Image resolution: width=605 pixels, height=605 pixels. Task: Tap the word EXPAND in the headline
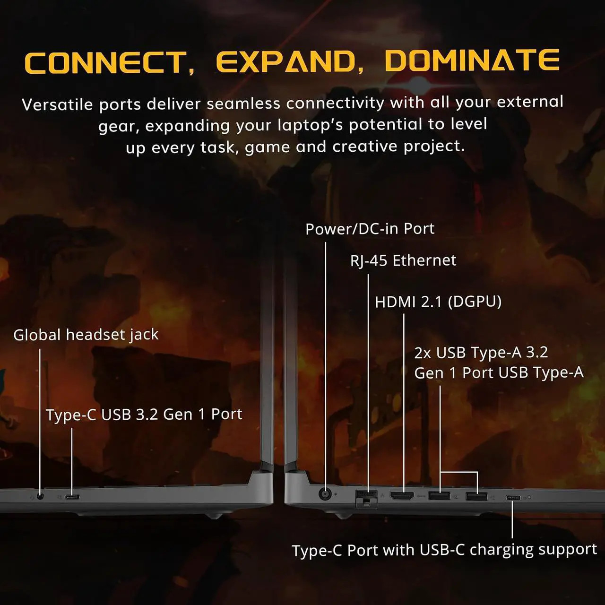click(x=286, y=61)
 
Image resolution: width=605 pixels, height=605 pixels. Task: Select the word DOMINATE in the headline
click(x=472, y=60)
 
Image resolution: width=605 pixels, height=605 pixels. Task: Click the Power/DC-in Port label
click(x=370, y=229)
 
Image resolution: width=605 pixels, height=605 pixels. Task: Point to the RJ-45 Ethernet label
click(x=403, y=261)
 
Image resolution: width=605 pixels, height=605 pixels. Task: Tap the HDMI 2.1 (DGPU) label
click(x=438, y=302)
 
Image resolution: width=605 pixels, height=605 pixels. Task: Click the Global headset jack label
click(x=86, y=335)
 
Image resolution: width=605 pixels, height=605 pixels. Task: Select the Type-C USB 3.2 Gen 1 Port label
click(x=144, y=415)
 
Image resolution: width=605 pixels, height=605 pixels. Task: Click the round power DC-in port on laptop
click(x=325, y=494)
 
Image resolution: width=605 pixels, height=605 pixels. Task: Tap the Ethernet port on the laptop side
click(x=366, y=498)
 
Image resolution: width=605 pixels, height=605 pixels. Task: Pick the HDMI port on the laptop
click(x=402, y=496)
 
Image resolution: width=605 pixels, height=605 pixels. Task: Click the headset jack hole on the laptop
click(x=40, y=496)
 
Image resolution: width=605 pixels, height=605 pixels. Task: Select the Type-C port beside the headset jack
click(x=72, y=497)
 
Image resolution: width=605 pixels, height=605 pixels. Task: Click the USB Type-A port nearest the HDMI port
click(x=439, y=496)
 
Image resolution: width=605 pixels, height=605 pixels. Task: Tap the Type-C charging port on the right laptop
click(x=513, y=498)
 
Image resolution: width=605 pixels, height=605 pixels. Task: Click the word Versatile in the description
click(x=57, y=104)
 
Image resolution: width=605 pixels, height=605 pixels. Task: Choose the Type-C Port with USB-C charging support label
click(x=444, y=550)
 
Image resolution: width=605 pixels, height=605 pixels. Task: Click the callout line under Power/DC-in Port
click(x=325, y=365)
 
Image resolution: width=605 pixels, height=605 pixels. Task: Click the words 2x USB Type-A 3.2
click(x=481, y=353)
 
